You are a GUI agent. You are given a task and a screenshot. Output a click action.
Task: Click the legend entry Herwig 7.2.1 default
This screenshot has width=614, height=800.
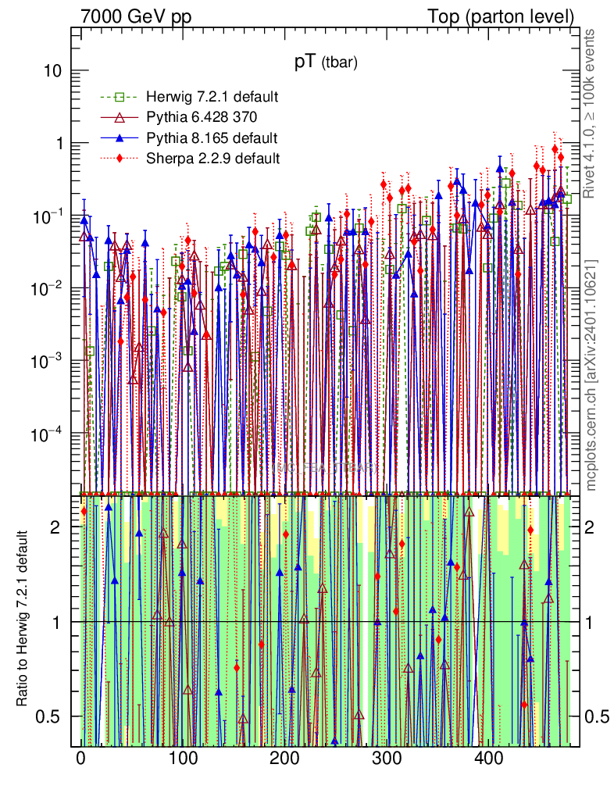tap(212, 97)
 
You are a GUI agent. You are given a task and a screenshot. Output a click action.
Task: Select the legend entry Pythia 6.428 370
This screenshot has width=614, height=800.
tap(201, 117)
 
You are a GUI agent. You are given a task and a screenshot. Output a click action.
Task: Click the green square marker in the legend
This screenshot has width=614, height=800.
tap(120, 97)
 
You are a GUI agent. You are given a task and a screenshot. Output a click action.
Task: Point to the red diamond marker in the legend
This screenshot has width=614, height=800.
tap(120, 159)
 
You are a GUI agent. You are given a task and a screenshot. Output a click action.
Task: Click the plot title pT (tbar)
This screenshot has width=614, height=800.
tap(325, 64)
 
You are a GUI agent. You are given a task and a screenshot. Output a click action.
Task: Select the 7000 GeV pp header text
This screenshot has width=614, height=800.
tap(137, 16)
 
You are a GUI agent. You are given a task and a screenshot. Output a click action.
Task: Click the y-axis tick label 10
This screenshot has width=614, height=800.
tap(51, 71)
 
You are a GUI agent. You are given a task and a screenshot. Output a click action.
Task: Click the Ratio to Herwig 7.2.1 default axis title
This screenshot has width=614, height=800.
tap(23, 620)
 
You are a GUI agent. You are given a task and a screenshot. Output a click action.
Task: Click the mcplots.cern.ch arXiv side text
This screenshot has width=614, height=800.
tap(591, 375)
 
